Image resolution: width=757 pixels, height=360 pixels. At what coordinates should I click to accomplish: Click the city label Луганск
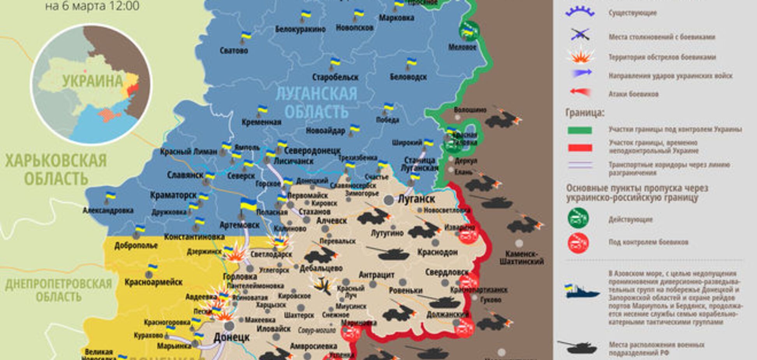coord(416,199)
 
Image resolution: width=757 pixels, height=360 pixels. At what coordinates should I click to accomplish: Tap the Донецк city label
coord(231,337)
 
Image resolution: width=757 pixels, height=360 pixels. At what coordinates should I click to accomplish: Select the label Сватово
coord(234,51)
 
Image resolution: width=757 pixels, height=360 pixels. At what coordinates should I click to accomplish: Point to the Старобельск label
coord(335,77)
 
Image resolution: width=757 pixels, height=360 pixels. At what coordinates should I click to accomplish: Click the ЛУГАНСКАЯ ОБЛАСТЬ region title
coord(316,102)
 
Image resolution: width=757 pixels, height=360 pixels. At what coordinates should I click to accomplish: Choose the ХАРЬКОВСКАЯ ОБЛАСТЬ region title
coord(56,169)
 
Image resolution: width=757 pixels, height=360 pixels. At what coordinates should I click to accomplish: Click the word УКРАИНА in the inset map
coord(92,81)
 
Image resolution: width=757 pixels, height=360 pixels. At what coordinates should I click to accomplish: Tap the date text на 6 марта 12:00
coord(92,6)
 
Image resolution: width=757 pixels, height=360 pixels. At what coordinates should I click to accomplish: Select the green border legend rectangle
coord(579,130)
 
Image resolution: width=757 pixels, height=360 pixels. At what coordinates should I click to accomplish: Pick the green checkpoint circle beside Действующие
coord(578,218)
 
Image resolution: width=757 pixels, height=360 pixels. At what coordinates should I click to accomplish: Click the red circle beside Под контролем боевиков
coord(578,242)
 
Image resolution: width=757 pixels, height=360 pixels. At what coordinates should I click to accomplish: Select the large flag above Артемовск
coord(248,205)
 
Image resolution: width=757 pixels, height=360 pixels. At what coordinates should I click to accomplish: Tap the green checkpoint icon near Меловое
coord(468,31)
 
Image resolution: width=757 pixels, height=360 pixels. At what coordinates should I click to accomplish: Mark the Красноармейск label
coord(153,282)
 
